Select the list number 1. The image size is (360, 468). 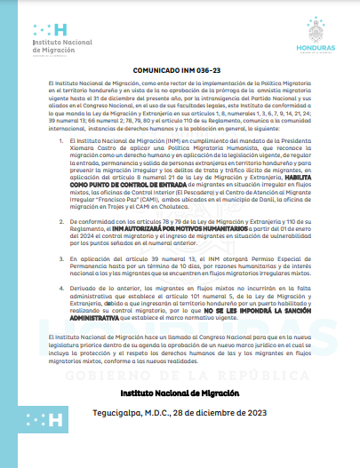[59, 139]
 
